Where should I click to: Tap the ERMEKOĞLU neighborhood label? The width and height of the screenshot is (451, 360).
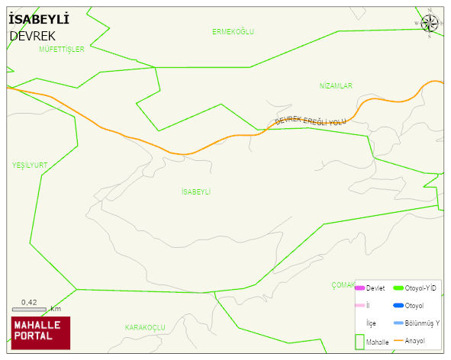[x=233, y=31]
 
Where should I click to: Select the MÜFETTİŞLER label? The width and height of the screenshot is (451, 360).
[x=61, y=49]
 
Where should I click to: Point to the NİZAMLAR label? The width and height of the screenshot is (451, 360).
[x=336, y=86]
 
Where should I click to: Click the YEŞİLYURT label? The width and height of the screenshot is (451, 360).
[x=30, y=165]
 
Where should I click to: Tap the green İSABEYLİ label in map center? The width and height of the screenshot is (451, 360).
[x=196, y=191]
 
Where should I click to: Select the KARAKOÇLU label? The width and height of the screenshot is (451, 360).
[x=145, y=327]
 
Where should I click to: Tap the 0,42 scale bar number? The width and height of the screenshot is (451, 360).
[x=29, y=303]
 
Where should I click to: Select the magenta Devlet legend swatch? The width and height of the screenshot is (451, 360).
[x=359, y=288]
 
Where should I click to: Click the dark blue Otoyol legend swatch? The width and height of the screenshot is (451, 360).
[x=398, y=306]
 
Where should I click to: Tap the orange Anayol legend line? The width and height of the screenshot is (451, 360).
[x=398, y=340]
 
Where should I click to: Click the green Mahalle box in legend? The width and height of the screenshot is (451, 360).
[x=359, y=342]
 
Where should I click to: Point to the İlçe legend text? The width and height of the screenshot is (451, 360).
[x=372, y=323]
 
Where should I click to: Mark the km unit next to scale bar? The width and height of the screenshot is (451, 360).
[x=56, y=309]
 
